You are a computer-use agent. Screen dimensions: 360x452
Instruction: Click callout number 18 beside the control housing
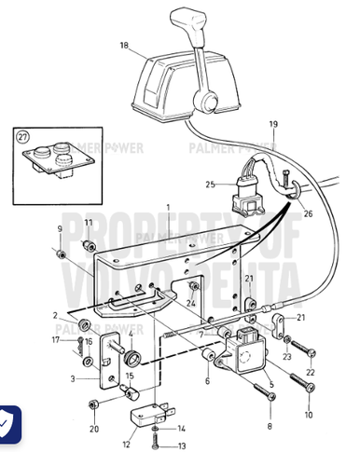(x=124, y=45)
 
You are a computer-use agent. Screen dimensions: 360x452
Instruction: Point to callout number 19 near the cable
(x=273, y=124)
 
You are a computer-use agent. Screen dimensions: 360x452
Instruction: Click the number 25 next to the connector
(x=211, y=185)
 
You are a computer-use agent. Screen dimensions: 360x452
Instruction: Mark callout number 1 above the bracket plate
(x=169, y=206)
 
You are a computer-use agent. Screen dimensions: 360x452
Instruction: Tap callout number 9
(x=62, y=229)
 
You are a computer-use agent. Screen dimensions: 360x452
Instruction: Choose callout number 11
(x=89, y=224)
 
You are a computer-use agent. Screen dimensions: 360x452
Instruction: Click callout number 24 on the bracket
(x=190, y=303)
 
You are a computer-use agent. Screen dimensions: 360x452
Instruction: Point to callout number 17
(x=55, y=343)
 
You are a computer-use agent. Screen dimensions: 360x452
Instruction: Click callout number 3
(x=74, y=380)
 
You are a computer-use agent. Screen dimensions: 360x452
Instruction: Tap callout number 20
(x=93, y=429)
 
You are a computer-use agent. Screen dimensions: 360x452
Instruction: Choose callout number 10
(x=309, y=414)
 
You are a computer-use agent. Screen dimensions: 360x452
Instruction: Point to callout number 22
(x=311, y=373)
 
